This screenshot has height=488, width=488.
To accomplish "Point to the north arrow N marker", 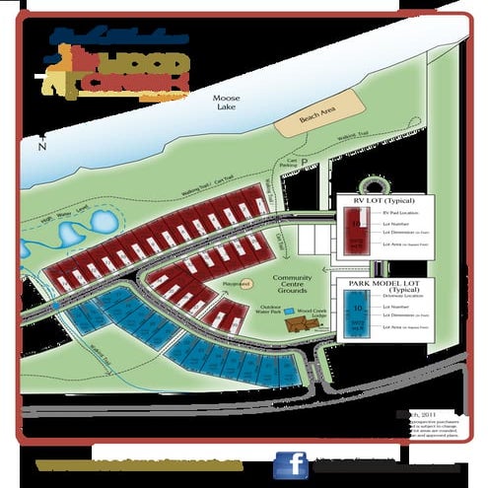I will [41, 147].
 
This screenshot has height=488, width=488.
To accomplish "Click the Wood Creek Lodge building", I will [295, 324].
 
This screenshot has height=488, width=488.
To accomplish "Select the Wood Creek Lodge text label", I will [316, 311].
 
